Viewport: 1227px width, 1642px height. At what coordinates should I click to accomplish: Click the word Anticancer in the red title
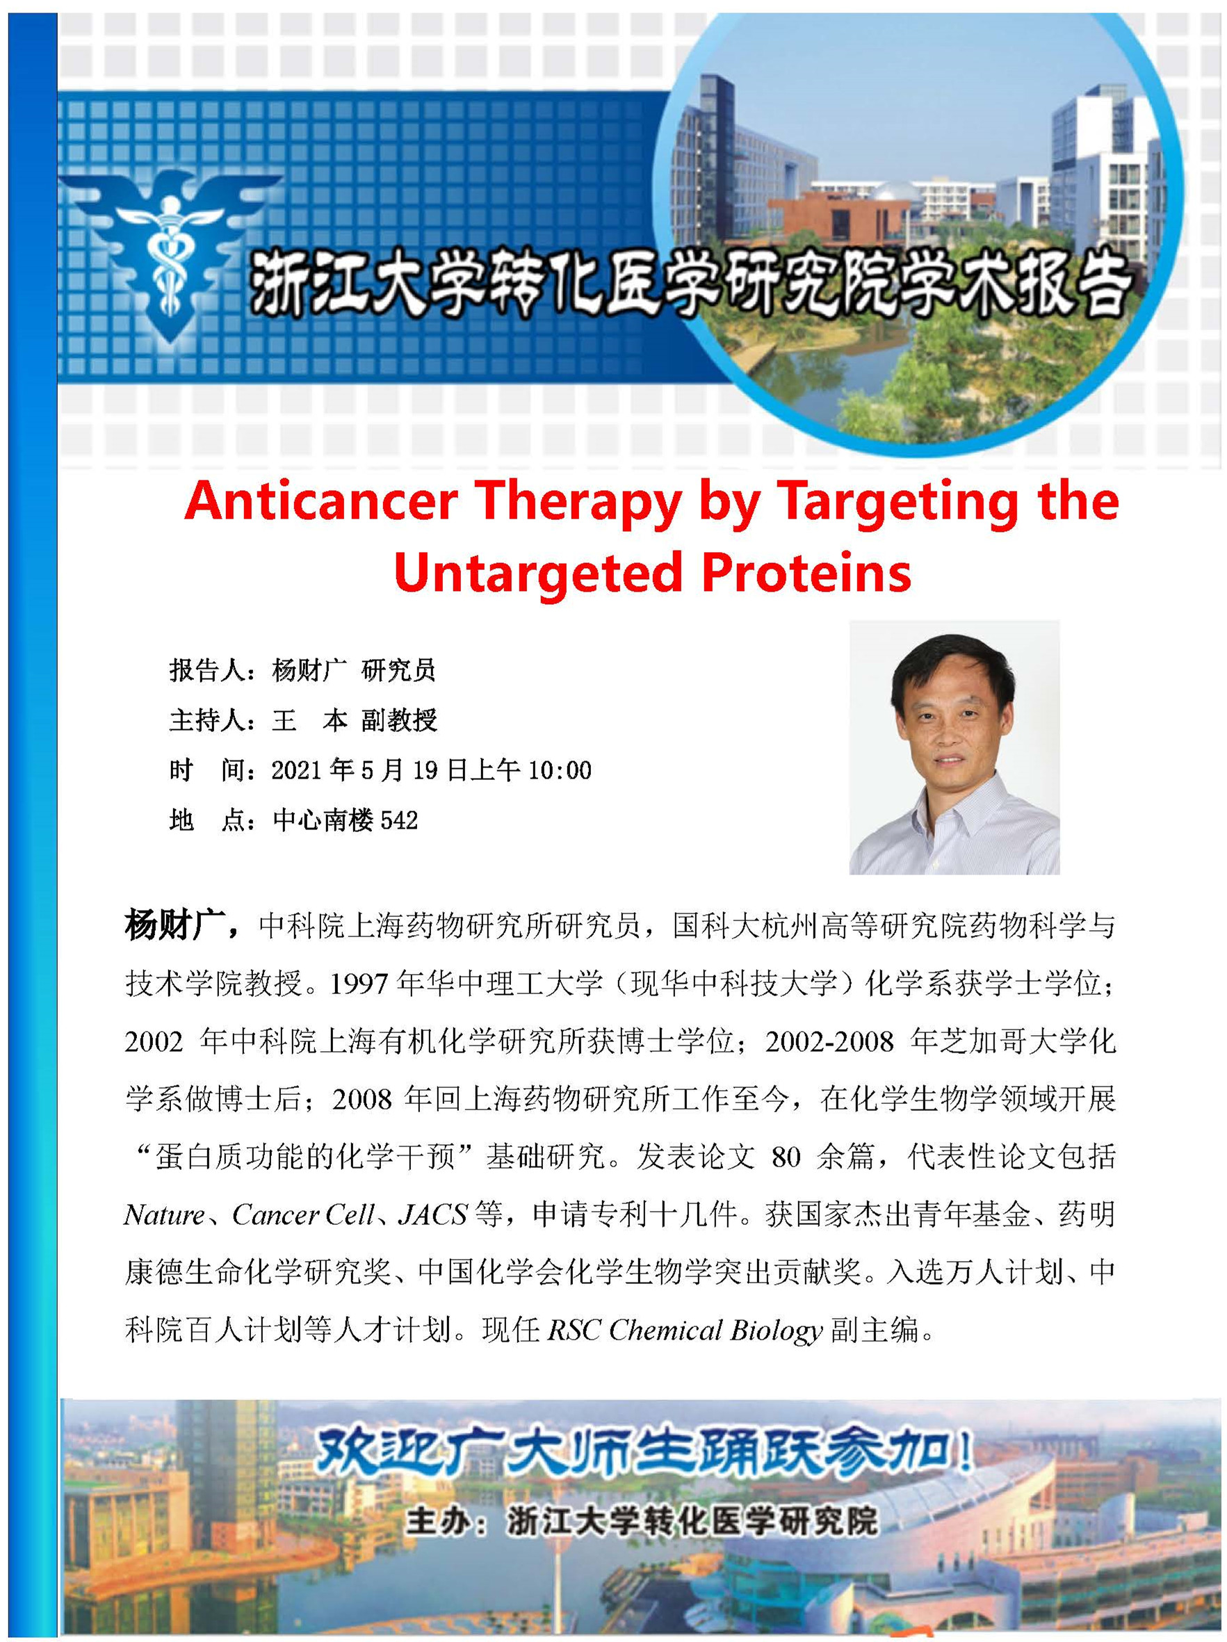pyautogui.click(x=320, y=501)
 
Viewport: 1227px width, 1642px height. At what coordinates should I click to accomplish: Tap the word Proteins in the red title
pyautogui.click(x=807, y=571)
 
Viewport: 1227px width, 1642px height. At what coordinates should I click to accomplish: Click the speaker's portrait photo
pyautogui.click(x=954, y=747)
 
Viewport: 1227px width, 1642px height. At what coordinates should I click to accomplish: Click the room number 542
pyautogui.click(x=399, y=820)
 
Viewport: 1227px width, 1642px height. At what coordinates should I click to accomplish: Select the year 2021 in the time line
pyautogui.click(x=297, y=770)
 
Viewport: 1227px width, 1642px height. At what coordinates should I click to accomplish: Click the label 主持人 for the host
pyautogui.click(x=206, y=720)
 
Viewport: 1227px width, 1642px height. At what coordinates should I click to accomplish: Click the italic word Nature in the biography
pyautogui.click(x=164, y=1214)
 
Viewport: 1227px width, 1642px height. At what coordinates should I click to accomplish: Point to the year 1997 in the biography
pyautogui.click(x=359, y=984)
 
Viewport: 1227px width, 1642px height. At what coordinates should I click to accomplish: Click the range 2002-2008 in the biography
pyautogui.click(x=829, y=1041)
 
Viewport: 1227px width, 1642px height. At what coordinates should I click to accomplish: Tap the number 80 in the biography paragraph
pyautogui.click(x=786, y=1157)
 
